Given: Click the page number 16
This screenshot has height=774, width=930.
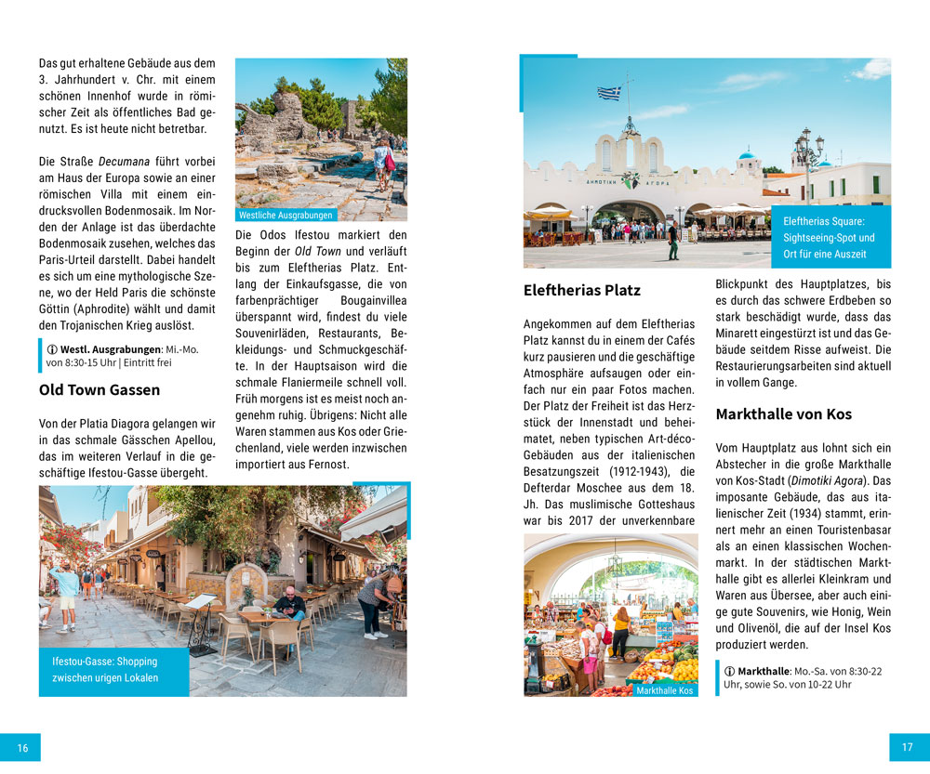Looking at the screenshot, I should pyautogui.click(x=22, y=747).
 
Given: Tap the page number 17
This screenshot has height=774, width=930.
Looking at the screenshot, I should pyautogui.click(x=908, y=747).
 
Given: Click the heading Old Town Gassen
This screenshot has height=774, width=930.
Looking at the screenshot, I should pyautogui.click(x=100, y=389).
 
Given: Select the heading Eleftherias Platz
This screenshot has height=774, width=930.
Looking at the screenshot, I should pyautogui.click(x=582, y=290).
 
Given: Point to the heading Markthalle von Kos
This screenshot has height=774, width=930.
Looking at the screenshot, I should pyautogui.click(x=784, y=414).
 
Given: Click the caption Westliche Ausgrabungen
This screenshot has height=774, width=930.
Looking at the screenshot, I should pyautogui.click(x=286, y=216).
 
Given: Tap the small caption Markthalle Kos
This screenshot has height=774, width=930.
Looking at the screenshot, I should pyautogui.click(x=665, y=690).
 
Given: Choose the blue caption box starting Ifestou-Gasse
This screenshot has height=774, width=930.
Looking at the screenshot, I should pyautogui.click(x=105, y=669).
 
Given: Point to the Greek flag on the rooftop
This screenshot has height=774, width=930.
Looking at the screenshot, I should pyautogui.click(x=609, y=93).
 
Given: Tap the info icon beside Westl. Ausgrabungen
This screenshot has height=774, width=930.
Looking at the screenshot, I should pyautogui.click(x=52, y=349).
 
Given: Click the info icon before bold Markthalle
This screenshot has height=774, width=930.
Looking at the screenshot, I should pyautogui.click(x=729, y=671).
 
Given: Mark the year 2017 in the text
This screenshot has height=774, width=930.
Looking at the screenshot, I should pyautogui.click(x=583, y=520).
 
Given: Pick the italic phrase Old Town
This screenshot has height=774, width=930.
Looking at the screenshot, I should pyautogui.click(x=316, y=252).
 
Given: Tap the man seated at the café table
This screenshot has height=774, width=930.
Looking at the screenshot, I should pyautogui.click(x=290, y=604).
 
